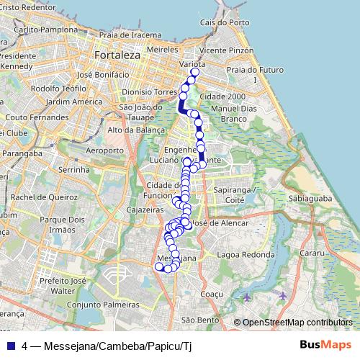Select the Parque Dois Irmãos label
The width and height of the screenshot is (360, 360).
(60, 223)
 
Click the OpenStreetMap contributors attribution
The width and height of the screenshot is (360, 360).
(297, 323)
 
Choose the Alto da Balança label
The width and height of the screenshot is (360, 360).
(133, 130)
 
